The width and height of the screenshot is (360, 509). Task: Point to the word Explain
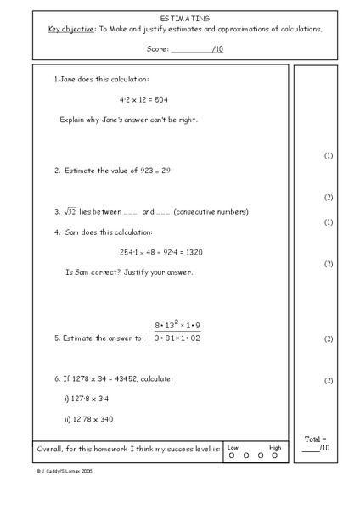(x=74, y=120)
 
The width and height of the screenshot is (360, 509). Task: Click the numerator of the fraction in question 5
(x=177, y=326)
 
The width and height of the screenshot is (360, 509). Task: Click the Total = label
(x=314, y=439)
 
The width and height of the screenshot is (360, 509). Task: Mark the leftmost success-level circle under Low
(x=232, y=456)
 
